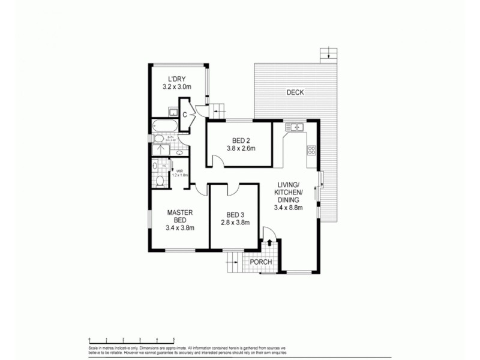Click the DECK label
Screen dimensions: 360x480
[295, 92]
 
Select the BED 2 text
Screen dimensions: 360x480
[238, 140]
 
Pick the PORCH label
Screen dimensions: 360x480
[262, 262]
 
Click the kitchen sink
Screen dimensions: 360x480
[295, 127]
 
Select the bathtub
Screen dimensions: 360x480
[163, 126]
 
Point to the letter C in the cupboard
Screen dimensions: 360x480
[185, 114]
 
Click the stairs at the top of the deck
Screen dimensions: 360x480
[326, 54]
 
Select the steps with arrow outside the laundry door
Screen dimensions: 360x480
[216, 111]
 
